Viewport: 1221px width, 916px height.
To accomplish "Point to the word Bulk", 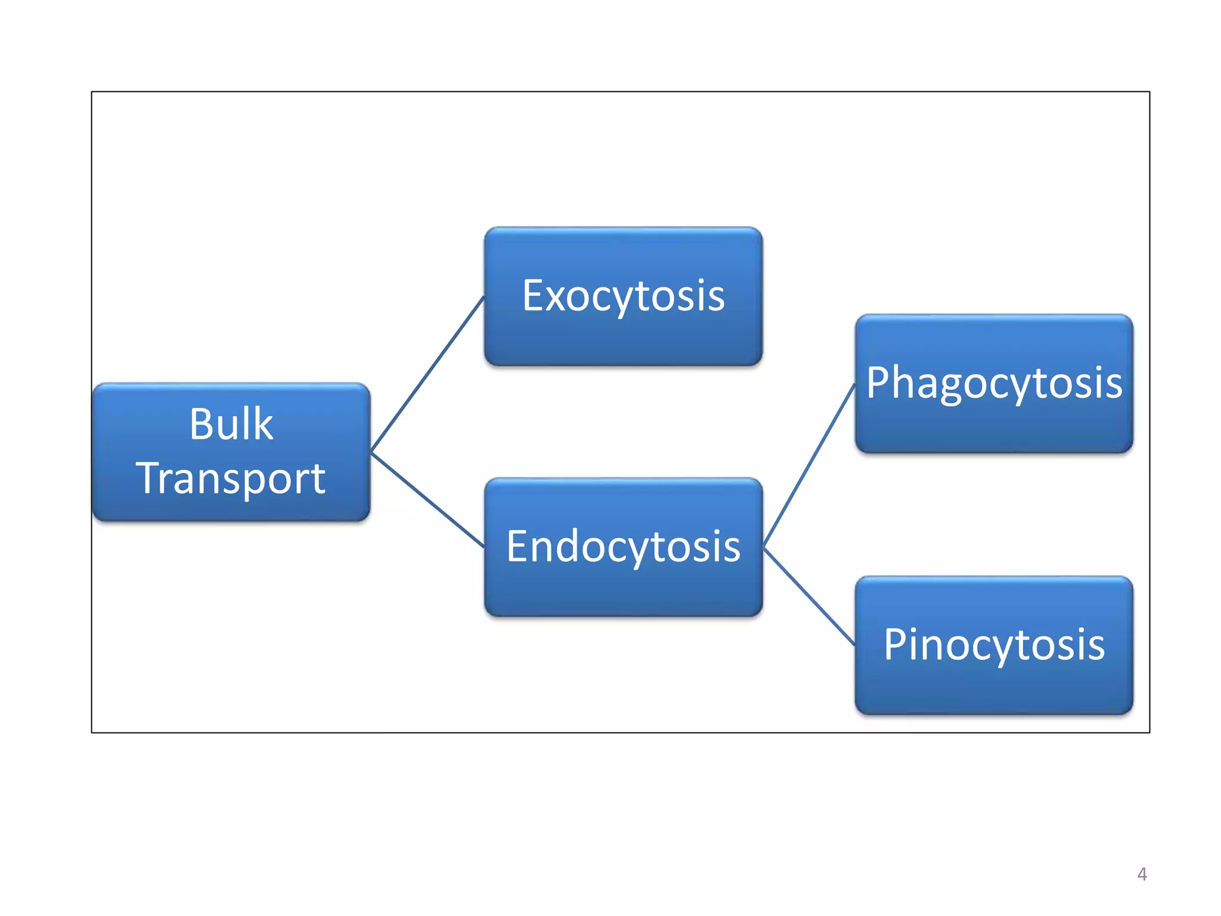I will click(231, 424).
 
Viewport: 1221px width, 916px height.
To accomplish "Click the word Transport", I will click(231, 478).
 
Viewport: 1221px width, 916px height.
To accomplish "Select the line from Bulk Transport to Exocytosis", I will click(427, 374).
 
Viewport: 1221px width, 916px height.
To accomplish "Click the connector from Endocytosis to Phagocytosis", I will click(809, 465).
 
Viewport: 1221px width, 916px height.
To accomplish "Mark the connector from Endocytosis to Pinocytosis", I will click(809, 596).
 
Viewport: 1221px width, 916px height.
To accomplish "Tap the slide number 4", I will click(1142, 874).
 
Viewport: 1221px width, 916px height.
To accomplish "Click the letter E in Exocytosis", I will click(533, 296).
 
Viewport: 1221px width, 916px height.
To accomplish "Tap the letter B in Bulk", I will click(201, 424).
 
